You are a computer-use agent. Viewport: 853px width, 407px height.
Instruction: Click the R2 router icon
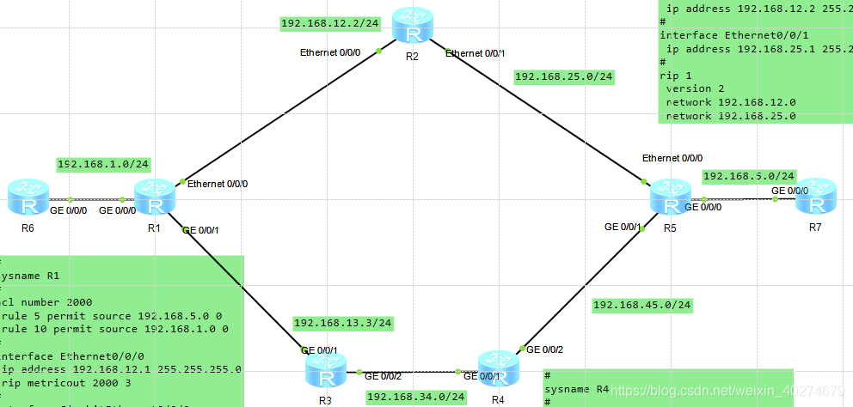click(x=414, y=26)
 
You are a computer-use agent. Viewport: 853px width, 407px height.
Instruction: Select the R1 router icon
click(x=156, y=198)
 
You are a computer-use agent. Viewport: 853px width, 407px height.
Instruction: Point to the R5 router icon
click(x=670, y=197)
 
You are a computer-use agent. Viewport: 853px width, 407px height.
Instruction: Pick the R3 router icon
click(x=325, y=369)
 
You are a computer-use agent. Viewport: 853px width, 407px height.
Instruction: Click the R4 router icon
click(x=498, y=368)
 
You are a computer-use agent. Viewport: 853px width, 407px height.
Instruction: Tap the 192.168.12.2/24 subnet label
click(x=319, y=23)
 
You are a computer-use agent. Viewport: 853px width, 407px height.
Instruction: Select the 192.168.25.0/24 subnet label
click(x=563, y=76)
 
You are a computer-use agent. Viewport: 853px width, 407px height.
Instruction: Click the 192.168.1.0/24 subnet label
click(x=103, y=164)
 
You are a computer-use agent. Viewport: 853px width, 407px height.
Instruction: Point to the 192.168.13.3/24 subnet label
click(x=343, y=323)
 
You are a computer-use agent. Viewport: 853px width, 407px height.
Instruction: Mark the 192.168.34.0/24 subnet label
click(x=416, y=397)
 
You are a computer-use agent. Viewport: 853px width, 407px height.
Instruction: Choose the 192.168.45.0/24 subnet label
click(x=642, y=305)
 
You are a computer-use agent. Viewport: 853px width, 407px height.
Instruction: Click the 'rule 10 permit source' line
click(x=114, y=329)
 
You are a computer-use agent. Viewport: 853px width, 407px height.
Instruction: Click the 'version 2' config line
click(x=689, y=88)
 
